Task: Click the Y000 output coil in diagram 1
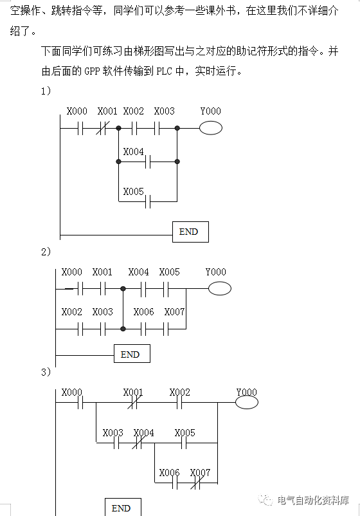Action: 210,128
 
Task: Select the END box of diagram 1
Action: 190,232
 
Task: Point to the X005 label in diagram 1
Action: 133,191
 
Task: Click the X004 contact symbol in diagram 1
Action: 148,162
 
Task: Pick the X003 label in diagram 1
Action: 164,111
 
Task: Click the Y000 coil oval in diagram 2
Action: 219,289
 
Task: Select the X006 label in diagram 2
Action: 143,311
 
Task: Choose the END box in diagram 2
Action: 132,354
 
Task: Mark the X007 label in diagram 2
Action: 174,311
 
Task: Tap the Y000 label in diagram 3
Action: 246,392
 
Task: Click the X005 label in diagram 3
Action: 184,433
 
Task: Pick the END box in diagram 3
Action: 122,507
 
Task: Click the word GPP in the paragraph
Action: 92,71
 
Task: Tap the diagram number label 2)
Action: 46,252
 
